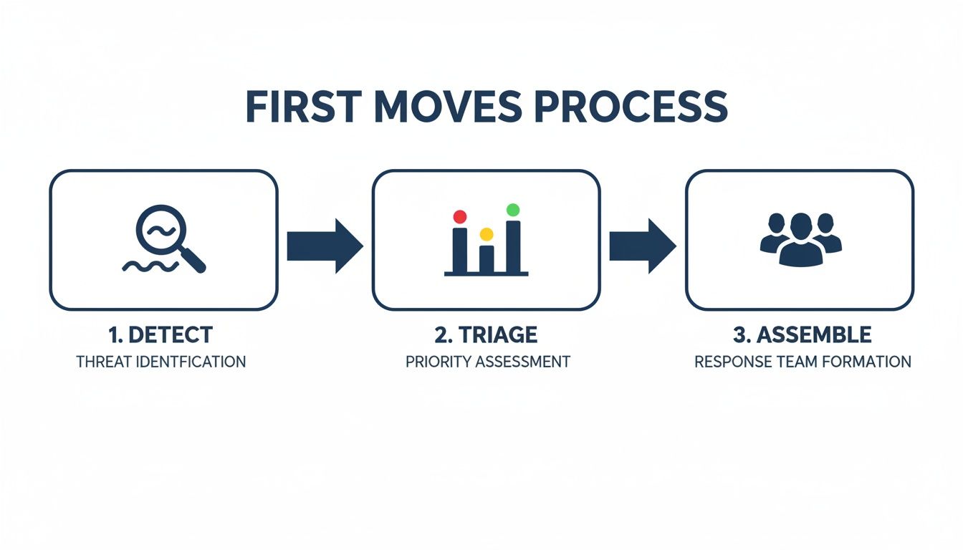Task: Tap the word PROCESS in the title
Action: (631, 107)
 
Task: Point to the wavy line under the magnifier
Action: (149, 266)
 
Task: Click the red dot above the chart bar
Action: (460, 216)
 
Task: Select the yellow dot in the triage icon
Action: (487, 233)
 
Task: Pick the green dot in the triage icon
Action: (513, 210)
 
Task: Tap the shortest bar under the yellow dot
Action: (487, 259)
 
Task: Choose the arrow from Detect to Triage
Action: (325, 246)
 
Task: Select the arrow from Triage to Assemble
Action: (642, 246)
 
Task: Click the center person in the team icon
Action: (800, 239)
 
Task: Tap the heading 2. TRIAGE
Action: (487, 334)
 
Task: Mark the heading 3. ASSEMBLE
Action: (802, 334)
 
